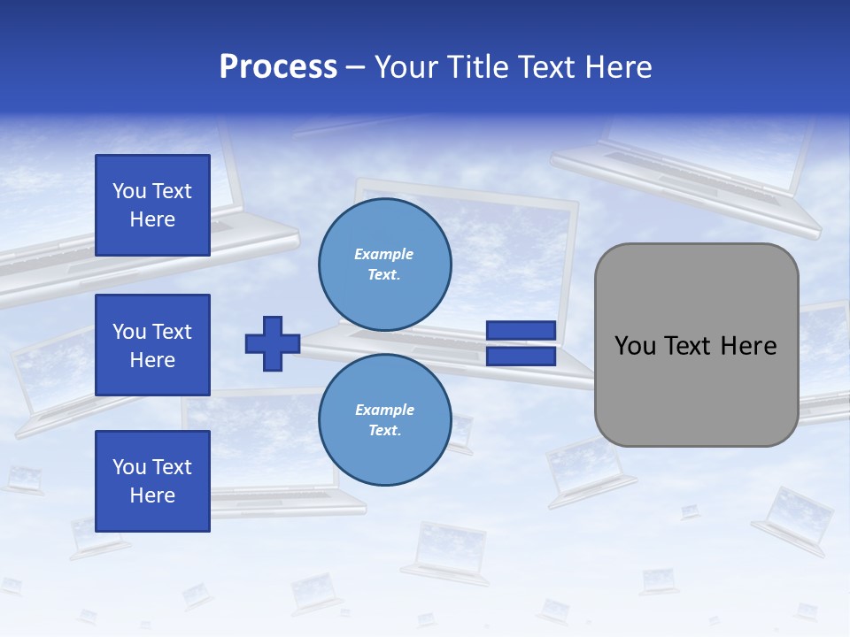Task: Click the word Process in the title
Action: tap(278, 67)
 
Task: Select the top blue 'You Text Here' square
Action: tap(152, 205)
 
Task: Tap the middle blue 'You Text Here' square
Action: tap(152, 345)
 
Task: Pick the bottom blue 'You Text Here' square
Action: tap(152, 481)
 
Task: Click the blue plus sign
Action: tap(273, 343)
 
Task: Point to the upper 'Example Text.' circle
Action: tap(384, 264)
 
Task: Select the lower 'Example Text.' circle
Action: tap(384, 419)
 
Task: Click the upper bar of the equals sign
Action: tap(521, 331)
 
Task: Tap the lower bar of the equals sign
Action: tap(521, 357)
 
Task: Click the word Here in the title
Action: tap(614, 67)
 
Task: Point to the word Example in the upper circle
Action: tap(383, 254)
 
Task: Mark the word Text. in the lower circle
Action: tap(384, 431)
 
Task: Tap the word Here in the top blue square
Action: tap(152, 219)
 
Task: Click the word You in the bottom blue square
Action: tap(129, 467)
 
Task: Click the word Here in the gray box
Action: tap(748, 345)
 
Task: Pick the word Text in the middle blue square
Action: tap(172, 332)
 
